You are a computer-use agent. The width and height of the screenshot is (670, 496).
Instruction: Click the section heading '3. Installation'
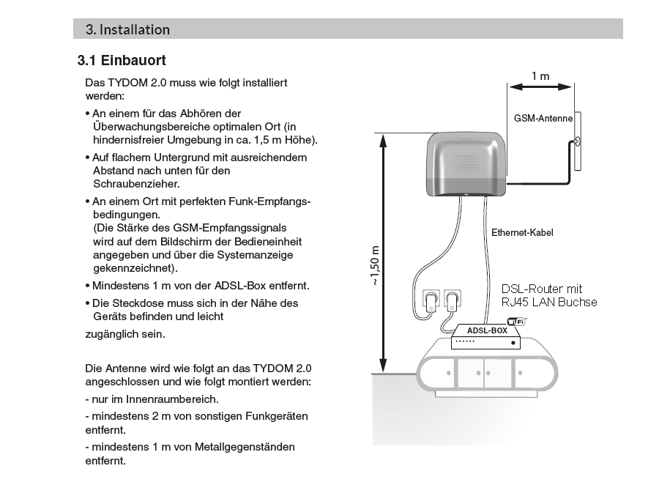[x=127, y=30]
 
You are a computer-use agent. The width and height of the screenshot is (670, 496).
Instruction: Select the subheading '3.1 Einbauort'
[x=122, y=60]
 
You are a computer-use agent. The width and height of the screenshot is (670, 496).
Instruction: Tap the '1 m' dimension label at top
[x=540, y=75]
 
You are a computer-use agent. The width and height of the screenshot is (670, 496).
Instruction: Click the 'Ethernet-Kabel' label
[x=522, y=233]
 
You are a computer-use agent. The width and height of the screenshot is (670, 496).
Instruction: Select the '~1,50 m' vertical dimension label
[x=375, y=264]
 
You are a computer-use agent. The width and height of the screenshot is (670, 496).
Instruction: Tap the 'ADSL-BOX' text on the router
[x=487, y=331]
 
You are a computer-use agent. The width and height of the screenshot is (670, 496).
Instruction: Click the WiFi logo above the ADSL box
[x=516, y=321]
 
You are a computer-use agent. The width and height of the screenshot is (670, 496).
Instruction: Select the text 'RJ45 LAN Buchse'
[x=549, y=302]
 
